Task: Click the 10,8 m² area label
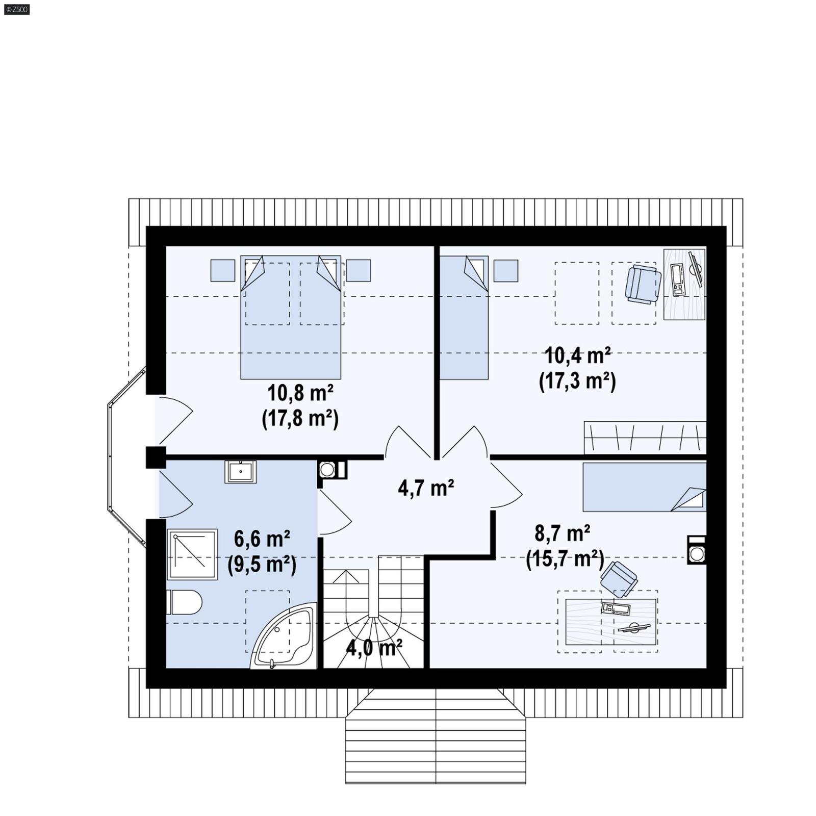tap(300, 393)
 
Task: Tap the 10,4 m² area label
tap(578, 355)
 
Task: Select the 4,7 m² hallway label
tap(426, 488)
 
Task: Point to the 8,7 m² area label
tap(563, 533)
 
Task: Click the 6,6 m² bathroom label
tap(262, 539)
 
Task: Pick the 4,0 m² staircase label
tap(374, 648)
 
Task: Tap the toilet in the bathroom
tap(184, 602)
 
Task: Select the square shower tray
tap(192, 554)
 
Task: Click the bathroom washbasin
tap(240, 472)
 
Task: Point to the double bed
tap(291, 317)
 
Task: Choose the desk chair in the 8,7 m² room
tap(619, 578)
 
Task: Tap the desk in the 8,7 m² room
tap(611, 622)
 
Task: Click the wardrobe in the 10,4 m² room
tap(645, 437)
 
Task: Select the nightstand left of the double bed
tap(223, 270)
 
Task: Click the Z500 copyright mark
tap(16, 9)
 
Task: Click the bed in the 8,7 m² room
tap(644, 487)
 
